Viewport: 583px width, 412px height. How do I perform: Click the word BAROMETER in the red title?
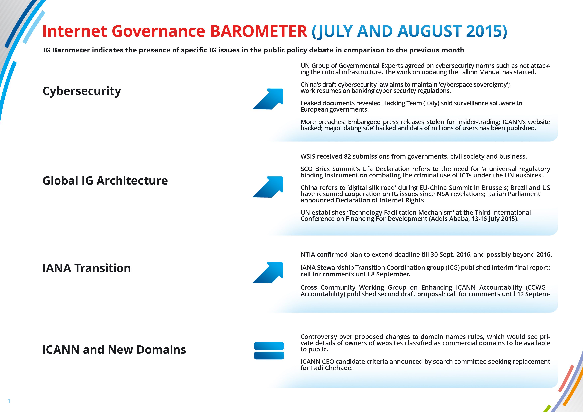pos(259,31)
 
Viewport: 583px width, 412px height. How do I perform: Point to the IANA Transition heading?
pos(87,268)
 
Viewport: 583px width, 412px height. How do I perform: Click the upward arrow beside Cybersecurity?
pos(268,99)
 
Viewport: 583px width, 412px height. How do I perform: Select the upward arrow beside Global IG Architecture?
pos(268,187)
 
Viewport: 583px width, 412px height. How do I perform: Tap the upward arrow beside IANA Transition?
pos(268,273)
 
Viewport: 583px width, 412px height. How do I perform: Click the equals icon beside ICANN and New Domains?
pos(269,351)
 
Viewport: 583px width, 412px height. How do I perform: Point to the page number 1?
pos(9,401)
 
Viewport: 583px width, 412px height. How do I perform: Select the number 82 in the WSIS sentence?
pos(347,157)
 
